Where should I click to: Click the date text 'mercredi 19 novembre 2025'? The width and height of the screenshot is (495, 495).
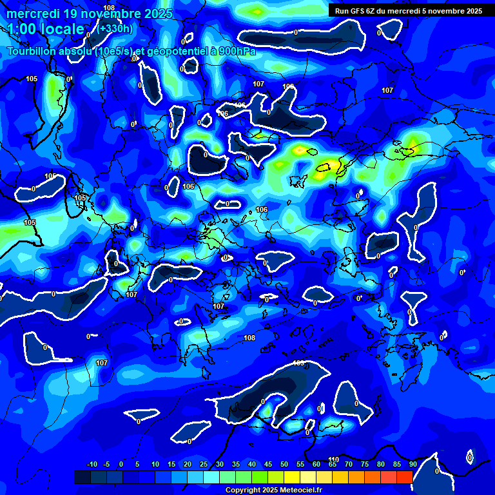click(90, 14)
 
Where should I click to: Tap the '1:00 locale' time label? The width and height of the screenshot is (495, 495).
click(46, 29)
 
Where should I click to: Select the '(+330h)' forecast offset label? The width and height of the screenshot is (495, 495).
click(115, 28)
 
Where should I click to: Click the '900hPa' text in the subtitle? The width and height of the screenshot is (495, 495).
click(233, 51)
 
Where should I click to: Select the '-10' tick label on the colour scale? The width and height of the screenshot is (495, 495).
click(92, 464)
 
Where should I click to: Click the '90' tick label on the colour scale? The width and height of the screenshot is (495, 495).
click(412, 464)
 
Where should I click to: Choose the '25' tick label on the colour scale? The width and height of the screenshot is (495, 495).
click(203, 464)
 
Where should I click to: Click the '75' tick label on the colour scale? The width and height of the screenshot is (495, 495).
click(364, 464)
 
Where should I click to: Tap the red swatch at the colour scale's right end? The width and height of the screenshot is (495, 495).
click(404, 477)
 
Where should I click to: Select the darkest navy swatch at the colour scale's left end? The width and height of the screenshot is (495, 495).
click(82, 477)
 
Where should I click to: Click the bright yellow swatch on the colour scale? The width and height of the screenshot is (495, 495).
click(291, 477)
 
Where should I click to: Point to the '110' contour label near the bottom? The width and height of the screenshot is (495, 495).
click(333, 459)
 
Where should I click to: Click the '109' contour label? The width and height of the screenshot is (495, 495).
click(298, 363)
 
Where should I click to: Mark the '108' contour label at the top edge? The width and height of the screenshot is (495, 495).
click(109, 8)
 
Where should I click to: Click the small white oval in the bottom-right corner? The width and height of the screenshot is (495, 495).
click(470, 457)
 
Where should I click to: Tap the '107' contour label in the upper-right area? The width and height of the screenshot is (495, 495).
click(387, 91)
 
